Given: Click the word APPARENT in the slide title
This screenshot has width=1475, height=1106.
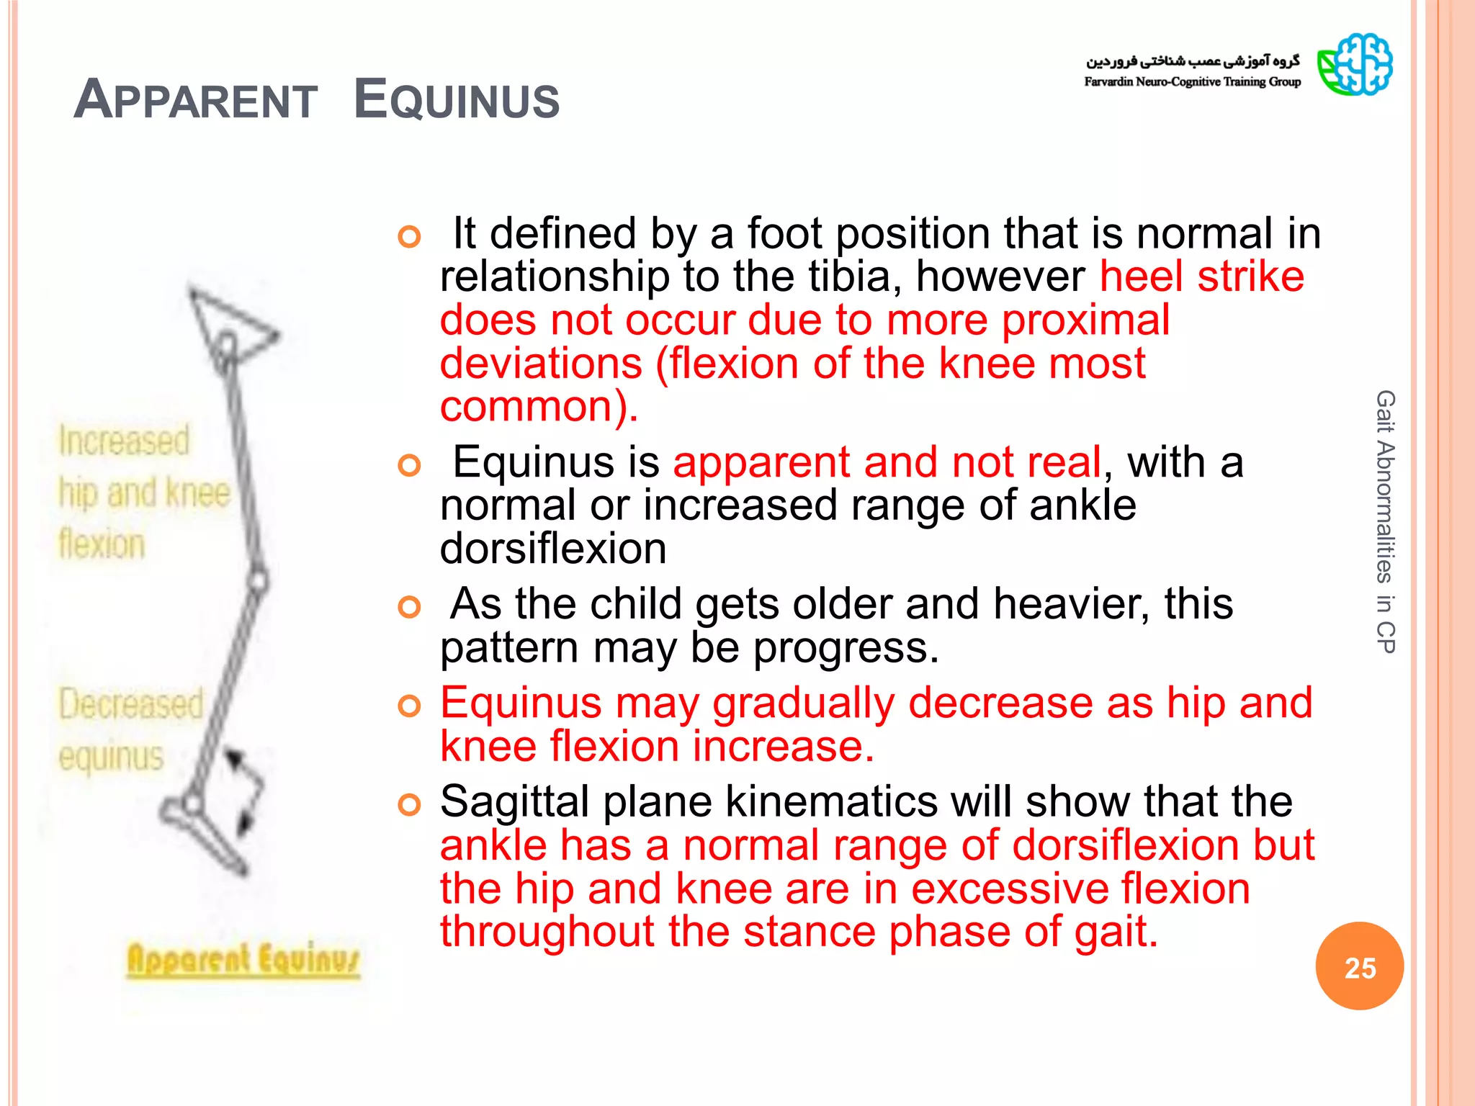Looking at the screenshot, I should [196, 99].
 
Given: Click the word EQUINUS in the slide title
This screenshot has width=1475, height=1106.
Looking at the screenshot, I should [457, 99].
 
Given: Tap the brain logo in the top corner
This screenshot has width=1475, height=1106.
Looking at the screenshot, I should [1355, 65].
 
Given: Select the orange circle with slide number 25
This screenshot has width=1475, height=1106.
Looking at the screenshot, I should [1359, 966].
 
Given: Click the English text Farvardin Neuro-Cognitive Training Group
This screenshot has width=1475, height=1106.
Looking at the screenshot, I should [1192, 82].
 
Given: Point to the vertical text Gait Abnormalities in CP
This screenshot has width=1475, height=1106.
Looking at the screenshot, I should [1385, 521].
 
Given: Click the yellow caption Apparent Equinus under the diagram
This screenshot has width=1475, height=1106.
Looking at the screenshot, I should [243, 960].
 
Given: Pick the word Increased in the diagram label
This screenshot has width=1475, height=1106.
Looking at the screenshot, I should [124, 441].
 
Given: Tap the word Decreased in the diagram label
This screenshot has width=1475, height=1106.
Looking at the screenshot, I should [130, 703].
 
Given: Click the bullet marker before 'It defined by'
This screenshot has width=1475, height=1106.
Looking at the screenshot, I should [409, 236].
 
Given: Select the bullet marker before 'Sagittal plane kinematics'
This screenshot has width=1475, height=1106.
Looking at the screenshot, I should [409, 804].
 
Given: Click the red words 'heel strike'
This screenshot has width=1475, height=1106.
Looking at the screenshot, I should [1201, 276].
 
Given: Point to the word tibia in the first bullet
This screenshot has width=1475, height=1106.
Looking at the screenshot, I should [849, 276].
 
